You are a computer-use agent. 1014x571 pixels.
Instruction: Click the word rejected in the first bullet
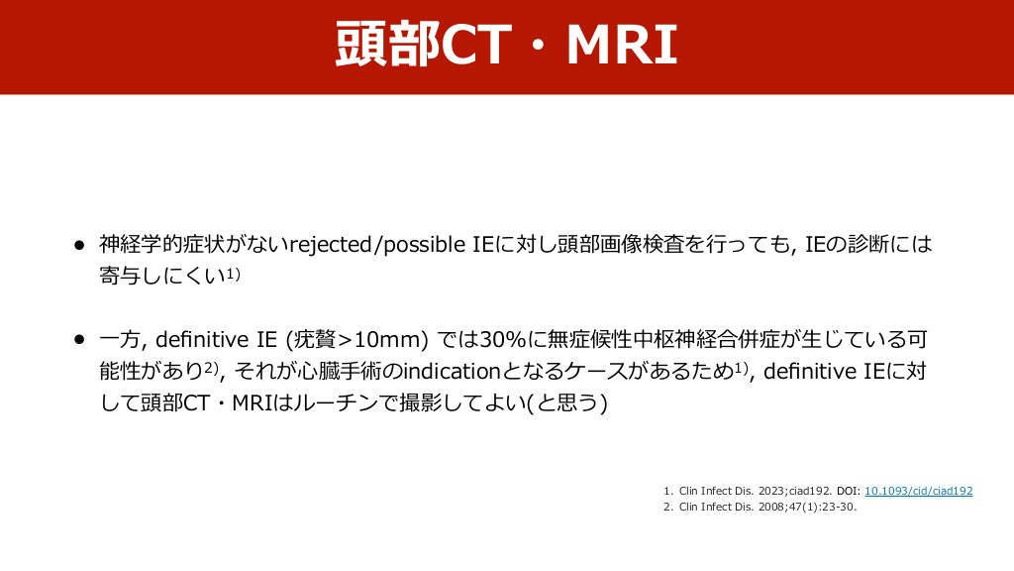[331, 245]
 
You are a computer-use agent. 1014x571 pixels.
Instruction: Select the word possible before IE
[424, 245]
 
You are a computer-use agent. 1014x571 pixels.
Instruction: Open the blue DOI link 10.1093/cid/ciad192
[918, 491]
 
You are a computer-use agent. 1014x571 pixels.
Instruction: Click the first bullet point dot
[79, 245]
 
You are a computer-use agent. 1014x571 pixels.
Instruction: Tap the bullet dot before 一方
[79, 339]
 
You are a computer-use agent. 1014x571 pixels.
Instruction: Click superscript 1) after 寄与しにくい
[234, 274]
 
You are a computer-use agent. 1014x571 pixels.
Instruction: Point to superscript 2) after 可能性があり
[212, 368]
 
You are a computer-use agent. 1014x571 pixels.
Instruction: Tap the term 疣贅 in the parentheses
[316, 339]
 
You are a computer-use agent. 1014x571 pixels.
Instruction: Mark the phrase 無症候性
[590, 339]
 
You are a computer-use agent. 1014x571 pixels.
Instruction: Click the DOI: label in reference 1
[849, 491]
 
